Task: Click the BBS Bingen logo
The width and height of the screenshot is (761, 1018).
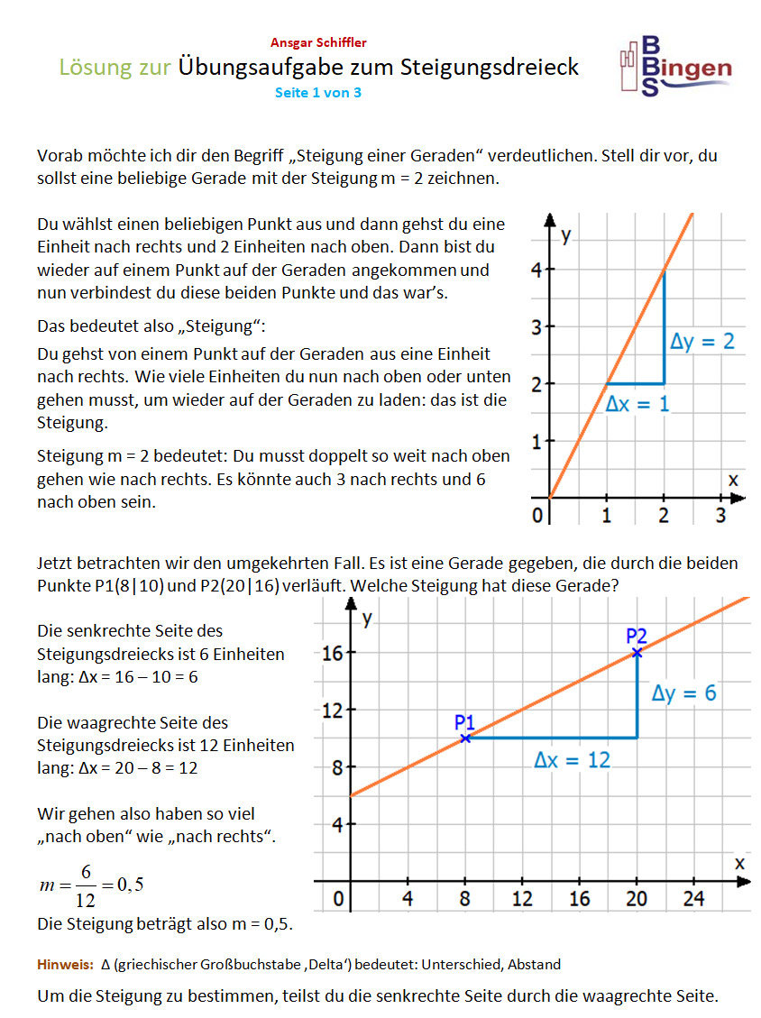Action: click(676, 65)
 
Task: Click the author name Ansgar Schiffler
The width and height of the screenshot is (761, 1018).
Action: click(318, 42)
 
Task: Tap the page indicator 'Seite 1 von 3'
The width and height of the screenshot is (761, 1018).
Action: click(318, 92)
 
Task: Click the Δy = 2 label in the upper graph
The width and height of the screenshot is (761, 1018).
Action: click(702, 342)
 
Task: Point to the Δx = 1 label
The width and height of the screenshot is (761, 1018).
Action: click(637, 404)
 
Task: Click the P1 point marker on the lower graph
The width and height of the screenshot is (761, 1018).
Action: click(465, 738)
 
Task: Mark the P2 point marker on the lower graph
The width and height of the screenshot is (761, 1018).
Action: click(637, 652)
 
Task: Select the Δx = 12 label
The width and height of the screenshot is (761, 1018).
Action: click(572, 760)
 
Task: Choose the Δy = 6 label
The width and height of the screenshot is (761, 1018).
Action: click(684, 692)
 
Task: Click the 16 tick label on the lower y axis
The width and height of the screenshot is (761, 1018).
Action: click(332, 653)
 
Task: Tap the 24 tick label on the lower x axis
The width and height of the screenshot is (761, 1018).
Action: click(694, 898)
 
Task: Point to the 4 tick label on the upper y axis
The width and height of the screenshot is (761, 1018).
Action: click(536, 269)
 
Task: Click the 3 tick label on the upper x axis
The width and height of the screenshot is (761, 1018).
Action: click(720, 516)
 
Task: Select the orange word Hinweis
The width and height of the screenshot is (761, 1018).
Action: click(65, 964)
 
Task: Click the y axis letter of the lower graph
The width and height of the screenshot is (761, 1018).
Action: click(367, 618)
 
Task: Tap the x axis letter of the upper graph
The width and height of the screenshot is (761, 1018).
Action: click(732, 480)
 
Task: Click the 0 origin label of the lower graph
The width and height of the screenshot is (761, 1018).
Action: click(339, 899)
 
